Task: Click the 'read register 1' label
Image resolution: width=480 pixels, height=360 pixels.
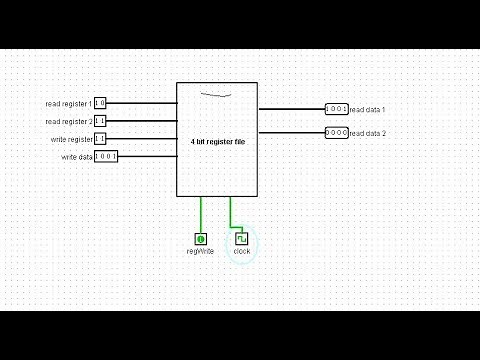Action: click(x=68, y=103)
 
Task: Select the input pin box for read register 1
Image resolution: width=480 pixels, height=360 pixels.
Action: click(x=100, y=103)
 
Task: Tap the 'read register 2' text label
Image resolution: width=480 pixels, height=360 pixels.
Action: click(x=68, y=121)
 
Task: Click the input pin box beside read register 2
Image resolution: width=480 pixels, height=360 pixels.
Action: click(x=100, y=121)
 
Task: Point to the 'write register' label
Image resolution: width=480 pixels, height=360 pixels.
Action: click(x=71, y=139)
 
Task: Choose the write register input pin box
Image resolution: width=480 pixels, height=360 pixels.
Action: click(x=100, y=139)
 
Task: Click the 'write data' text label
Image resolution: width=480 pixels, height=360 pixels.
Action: click(x=76, y=157)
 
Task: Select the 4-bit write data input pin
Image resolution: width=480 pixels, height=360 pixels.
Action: click(x=106, y=157)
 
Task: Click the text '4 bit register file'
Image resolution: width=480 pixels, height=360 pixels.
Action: click(x=218, y=142)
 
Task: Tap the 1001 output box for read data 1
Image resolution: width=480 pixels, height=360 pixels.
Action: click(x=336, y=109)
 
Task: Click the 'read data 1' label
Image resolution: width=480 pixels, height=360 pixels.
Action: click(x=367, y=109)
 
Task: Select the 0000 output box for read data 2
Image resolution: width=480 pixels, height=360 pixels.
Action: click(x=336, y=133)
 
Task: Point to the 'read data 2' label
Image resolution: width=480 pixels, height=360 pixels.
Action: click(x=367, y=133)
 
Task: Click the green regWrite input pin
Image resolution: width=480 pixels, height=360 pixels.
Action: click(x=201, y=239)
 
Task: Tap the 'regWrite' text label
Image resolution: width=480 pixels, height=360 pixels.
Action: click(x=200, y=251)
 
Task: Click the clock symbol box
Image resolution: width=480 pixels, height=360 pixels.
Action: click(x=241, y=239)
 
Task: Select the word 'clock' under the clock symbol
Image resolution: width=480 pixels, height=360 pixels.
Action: click(x=242, y=251)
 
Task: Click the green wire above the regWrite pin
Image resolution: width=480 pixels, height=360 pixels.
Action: click(x=201, y=214)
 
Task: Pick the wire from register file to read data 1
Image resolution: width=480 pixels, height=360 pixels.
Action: click(x=291, y=109)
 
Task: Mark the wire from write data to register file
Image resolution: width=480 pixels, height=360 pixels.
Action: click(x=147, y=157)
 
